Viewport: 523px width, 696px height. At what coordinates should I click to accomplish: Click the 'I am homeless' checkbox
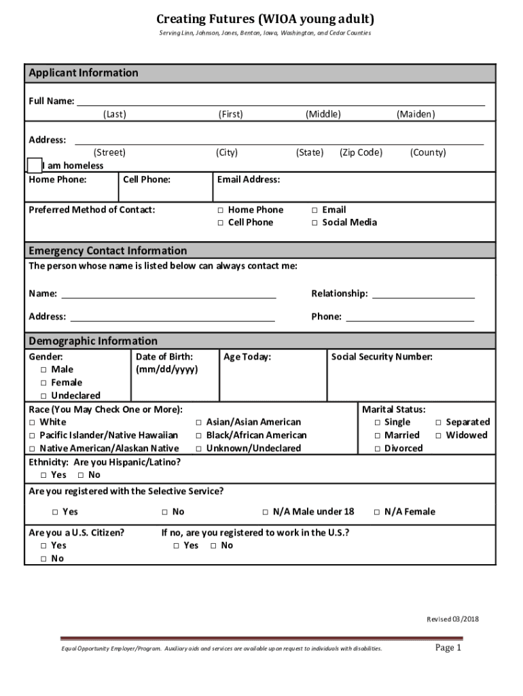pos(34,165)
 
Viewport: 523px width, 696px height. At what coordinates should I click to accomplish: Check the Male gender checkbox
pos(43,370)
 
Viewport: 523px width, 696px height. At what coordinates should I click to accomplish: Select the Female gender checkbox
pos(43,383)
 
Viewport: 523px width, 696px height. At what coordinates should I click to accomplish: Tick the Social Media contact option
pos(314,223)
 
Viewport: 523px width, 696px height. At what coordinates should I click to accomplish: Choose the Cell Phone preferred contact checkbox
pos(221,223)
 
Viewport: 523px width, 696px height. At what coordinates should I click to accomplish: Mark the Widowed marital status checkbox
pos(438,436)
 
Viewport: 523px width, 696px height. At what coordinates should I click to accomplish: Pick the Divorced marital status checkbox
pos(377,449)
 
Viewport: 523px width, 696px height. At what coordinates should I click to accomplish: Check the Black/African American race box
pos(199,436)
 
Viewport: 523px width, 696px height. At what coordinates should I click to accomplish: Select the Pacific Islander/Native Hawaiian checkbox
pos(32,436)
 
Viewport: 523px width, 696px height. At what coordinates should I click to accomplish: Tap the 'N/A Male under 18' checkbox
pos(266,512)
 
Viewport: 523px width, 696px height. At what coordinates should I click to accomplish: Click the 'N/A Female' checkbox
pos(377,512)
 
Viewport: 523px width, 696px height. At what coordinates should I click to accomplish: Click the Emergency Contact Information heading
pos(107,251)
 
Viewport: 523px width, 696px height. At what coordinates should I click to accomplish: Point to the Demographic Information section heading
pos(92,341)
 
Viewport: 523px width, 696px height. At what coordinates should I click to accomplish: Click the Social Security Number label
pos(381,357)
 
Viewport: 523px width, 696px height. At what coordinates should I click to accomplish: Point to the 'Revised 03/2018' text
pos(452,619)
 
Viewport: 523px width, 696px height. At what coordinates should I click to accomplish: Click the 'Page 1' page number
pos(448,648)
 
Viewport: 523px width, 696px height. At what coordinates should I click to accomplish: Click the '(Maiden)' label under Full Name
pos(416,114)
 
